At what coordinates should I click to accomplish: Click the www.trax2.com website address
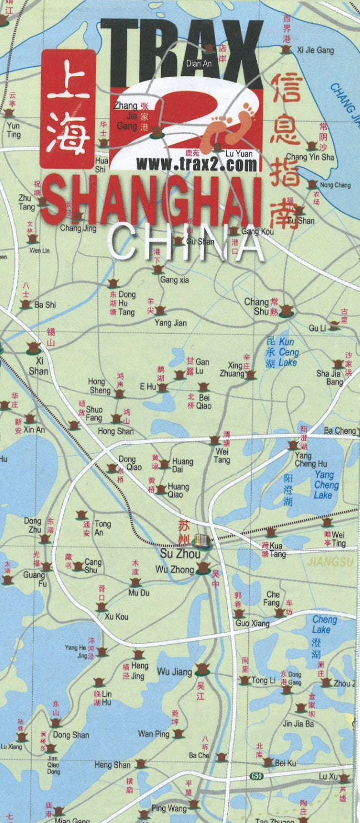[197, 164]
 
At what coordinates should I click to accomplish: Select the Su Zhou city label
[176, 554]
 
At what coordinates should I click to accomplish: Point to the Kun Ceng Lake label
[288, 352]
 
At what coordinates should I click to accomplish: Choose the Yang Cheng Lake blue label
[323, 485]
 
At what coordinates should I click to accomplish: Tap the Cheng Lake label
[321, 624]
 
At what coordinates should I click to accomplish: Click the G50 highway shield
[256, 776]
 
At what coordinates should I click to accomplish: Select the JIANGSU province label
[331, 561]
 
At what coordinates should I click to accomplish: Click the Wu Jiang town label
[174, 672]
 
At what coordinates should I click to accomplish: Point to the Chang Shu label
[257, 307]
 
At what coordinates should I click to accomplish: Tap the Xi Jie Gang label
[316, 50]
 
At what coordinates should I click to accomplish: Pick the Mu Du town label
[139, 593]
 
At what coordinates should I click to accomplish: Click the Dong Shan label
[71, 735]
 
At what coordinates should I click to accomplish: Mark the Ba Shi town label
[45, 305]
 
